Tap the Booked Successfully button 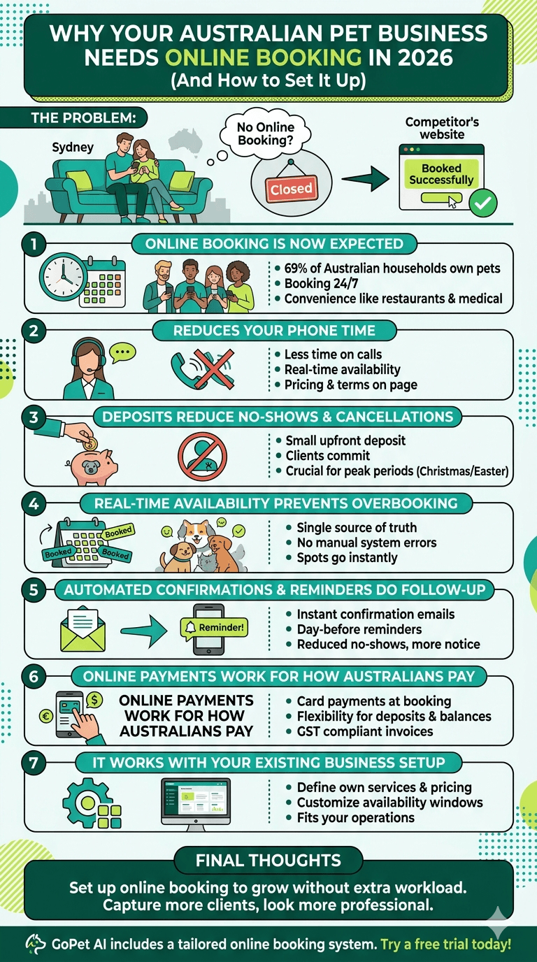pos(441,174)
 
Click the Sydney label pos(73,148)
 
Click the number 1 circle pos(34,245)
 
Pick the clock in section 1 pos(61,276)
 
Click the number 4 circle pos(34,501)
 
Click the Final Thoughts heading pos(268,861)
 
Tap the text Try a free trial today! pos(446,944)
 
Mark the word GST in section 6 pos(310,731)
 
